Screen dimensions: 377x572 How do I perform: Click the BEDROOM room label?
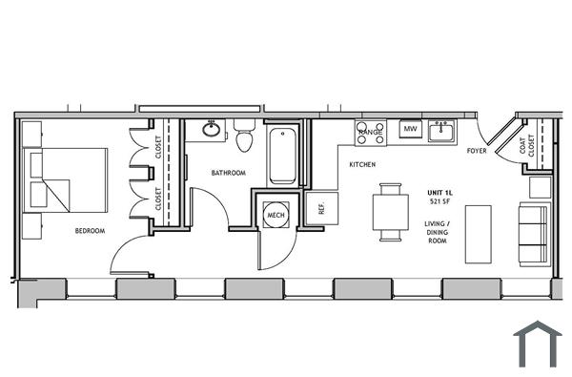click(x=90, y=230)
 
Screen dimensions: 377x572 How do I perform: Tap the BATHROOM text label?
click(x=229, y=173)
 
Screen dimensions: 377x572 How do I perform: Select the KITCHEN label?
click(x=362, y=164)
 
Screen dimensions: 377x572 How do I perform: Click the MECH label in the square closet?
click(x=276, y=216)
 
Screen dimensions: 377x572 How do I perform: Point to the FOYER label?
click(x=477, y=152)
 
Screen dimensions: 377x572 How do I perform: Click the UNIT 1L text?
click(x=440, y=193)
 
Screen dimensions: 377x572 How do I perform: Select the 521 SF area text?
click(x=440, y=201)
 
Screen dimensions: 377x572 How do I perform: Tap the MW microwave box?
click(x=411, y=129)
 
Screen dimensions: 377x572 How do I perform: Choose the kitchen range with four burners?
click(x=370, y=133)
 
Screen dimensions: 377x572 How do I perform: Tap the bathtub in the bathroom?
click(x=282, y=155)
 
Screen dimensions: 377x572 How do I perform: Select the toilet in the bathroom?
click(x=243, y=136)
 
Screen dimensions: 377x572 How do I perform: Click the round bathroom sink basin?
click(x=211, y=129)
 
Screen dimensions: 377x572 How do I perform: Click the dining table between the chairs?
click(x=391, y=212)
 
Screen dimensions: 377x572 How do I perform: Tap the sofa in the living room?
click(x=533, y=234)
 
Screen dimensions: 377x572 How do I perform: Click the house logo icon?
click(x=537, y=345)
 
